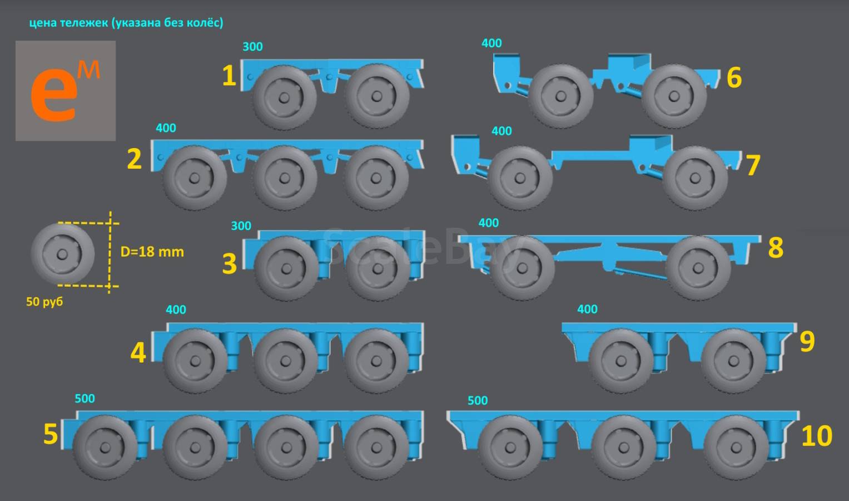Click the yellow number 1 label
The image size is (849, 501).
click(x=229, y=76)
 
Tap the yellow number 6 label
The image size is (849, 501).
click(x=734, y=77)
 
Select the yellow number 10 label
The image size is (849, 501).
click(x=817, y=436)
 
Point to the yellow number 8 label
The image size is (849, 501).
click(x=776, y=248)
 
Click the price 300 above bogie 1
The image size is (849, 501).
click(x=252, y=47)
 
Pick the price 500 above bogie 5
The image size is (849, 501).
click(x=85, y=399)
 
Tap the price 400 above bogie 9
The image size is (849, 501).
click(x=587, y=310)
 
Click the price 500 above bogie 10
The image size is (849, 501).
click(x=478, y=400)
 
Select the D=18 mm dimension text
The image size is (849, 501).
click(x=152, y=252)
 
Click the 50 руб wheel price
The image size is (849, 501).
click(x=44, y=302)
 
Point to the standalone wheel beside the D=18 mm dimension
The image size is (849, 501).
click(x=62, y=254)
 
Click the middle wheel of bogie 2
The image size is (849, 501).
click(x=285, y=178)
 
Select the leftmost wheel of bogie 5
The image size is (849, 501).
click(x=105, y=447)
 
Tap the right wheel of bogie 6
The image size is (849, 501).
click(x=674, y=96)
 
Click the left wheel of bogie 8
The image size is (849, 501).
click(x=522, y=268)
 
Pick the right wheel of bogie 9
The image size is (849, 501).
click(x=734, y=361)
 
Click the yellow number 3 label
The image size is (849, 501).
click(x=229, y=263)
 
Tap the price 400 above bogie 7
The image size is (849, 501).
click(x=502, y=131)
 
